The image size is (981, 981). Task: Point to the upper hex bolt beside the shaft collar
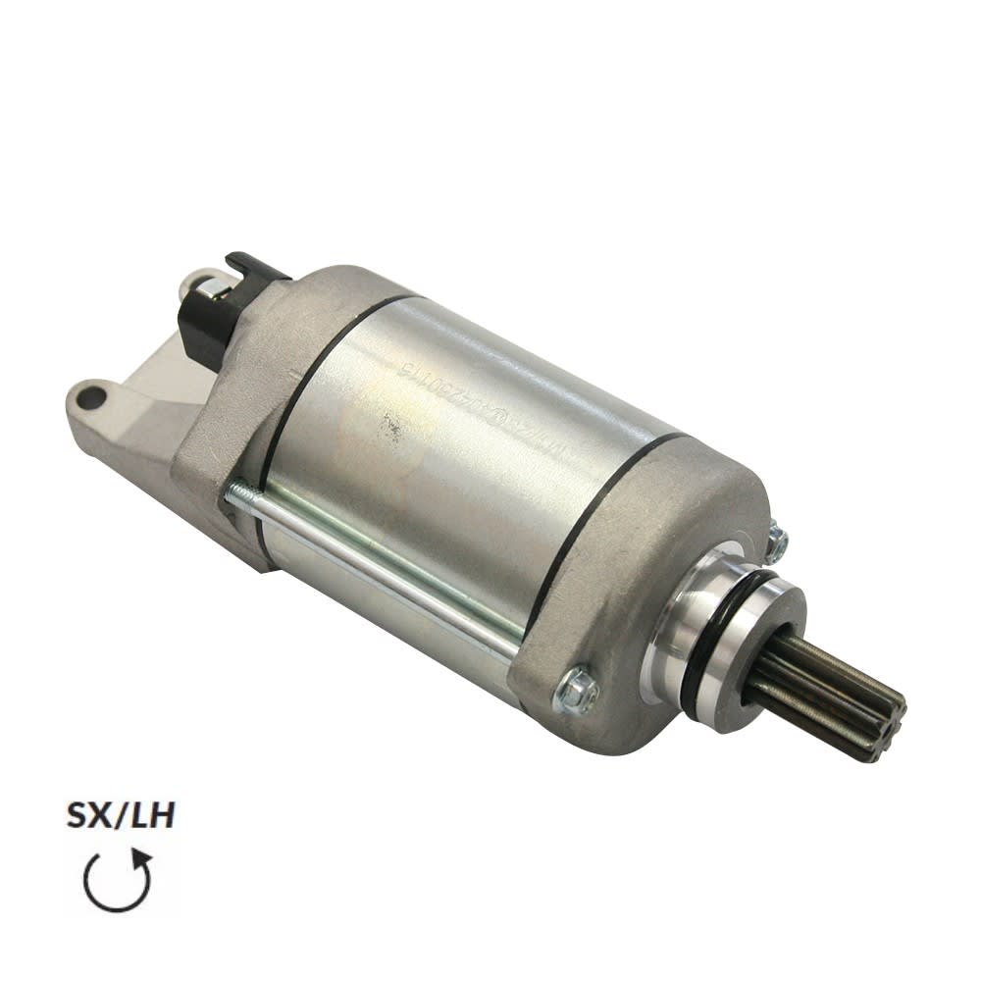pyautogui.click(x=776, y=542)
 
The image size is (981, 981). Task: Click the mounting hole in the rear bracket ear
pyautogui.click(x=91, y=397)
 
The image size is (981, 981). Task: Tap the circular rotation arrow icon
pyautogui.click(x=117, y=880)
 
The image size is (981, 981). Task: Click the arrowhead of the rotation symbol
pyautogui.click(x=143, y=859)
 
